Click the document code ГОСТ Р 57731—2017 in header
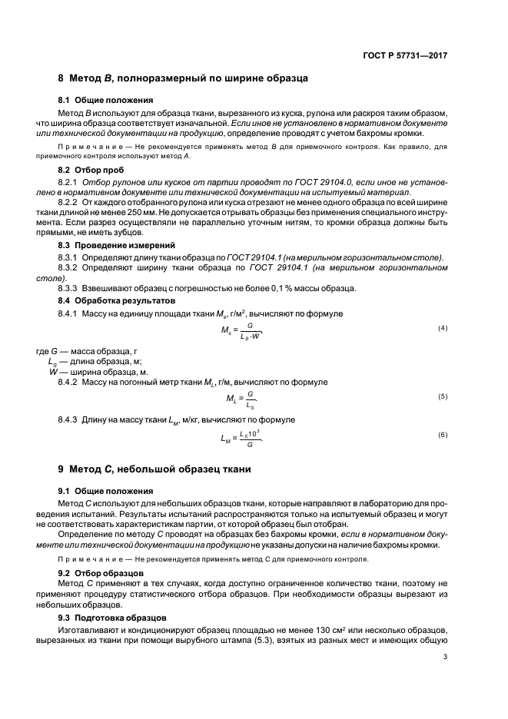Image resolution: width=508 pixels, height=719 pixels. pos(406,55)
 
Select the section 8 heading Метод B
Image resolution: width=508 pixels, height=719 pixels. pos(184,78)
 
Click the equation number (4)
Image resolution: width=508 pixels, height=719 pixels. pos(442,329)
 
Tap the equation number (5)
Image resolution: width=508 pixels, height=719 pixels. pos(442,396)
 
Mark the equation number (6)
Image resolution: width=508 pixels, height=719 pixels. pos(442,435)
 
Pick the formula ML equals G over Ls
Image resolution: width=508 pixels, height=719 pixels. pos(241,398)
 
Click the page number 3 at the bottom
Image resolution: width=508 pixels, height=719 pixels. pos(445,678)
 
